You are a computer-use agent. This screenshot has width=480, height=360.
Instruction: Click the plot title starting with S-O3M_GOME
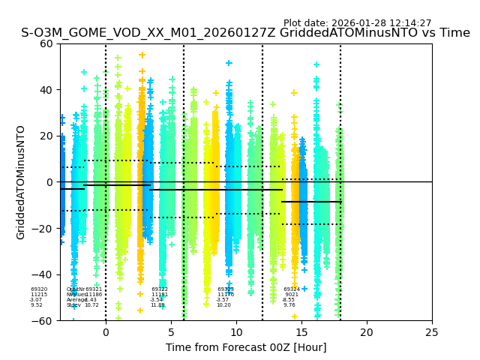(x=245, y=33)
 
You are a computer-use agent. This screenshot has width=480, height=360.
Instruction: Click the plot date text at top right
(x=357, y=23)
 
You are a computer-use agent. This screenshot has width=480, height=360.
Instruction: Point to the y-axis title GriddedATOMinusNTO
(x=21, y=182)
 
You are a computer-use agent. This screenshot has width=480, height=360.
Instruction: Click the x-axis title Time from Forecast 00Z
(x=246, y=347)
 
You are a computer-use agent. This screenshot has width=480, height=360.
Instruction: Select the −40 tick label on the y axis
(x=44, y=274)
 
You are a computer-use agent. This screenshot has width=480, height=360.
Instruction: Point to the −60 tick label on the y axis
(x=44, y=321)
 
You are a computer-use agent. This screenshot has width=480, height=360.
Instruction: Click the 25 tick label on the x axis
(x=432, y=332)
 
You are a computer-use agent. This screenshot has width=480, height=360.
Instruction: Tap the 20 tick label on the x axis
(x=367, y=332)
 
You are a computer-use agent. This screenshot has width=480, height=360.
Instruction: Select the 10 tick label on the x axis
(x=236, y=332)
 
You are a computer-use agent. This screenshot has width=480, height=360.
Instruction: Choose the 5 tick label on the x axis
(x=171, y=332)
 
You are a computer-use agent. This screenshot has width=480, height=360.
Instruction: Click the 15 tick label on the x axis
(x=301, y=332)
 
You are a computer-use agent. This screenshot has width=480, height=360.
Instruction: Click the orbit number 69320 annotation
(x=39, y=289)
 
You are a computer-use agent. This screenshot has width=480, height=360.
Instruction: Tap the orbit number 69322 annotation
(x=160, y=289)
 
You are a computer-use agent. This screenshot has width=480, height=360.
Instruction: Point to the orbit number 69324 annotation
(x=292, y=289)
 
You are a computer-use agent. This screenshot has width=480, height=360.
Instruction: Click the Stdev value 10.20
(x=224, y=305)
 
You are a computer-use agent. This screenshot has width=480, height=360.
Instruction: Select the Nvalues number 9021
(x=292, y=295)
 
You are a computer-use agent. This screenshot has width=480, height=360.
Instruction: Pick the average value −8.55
(x=289, y=300)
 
